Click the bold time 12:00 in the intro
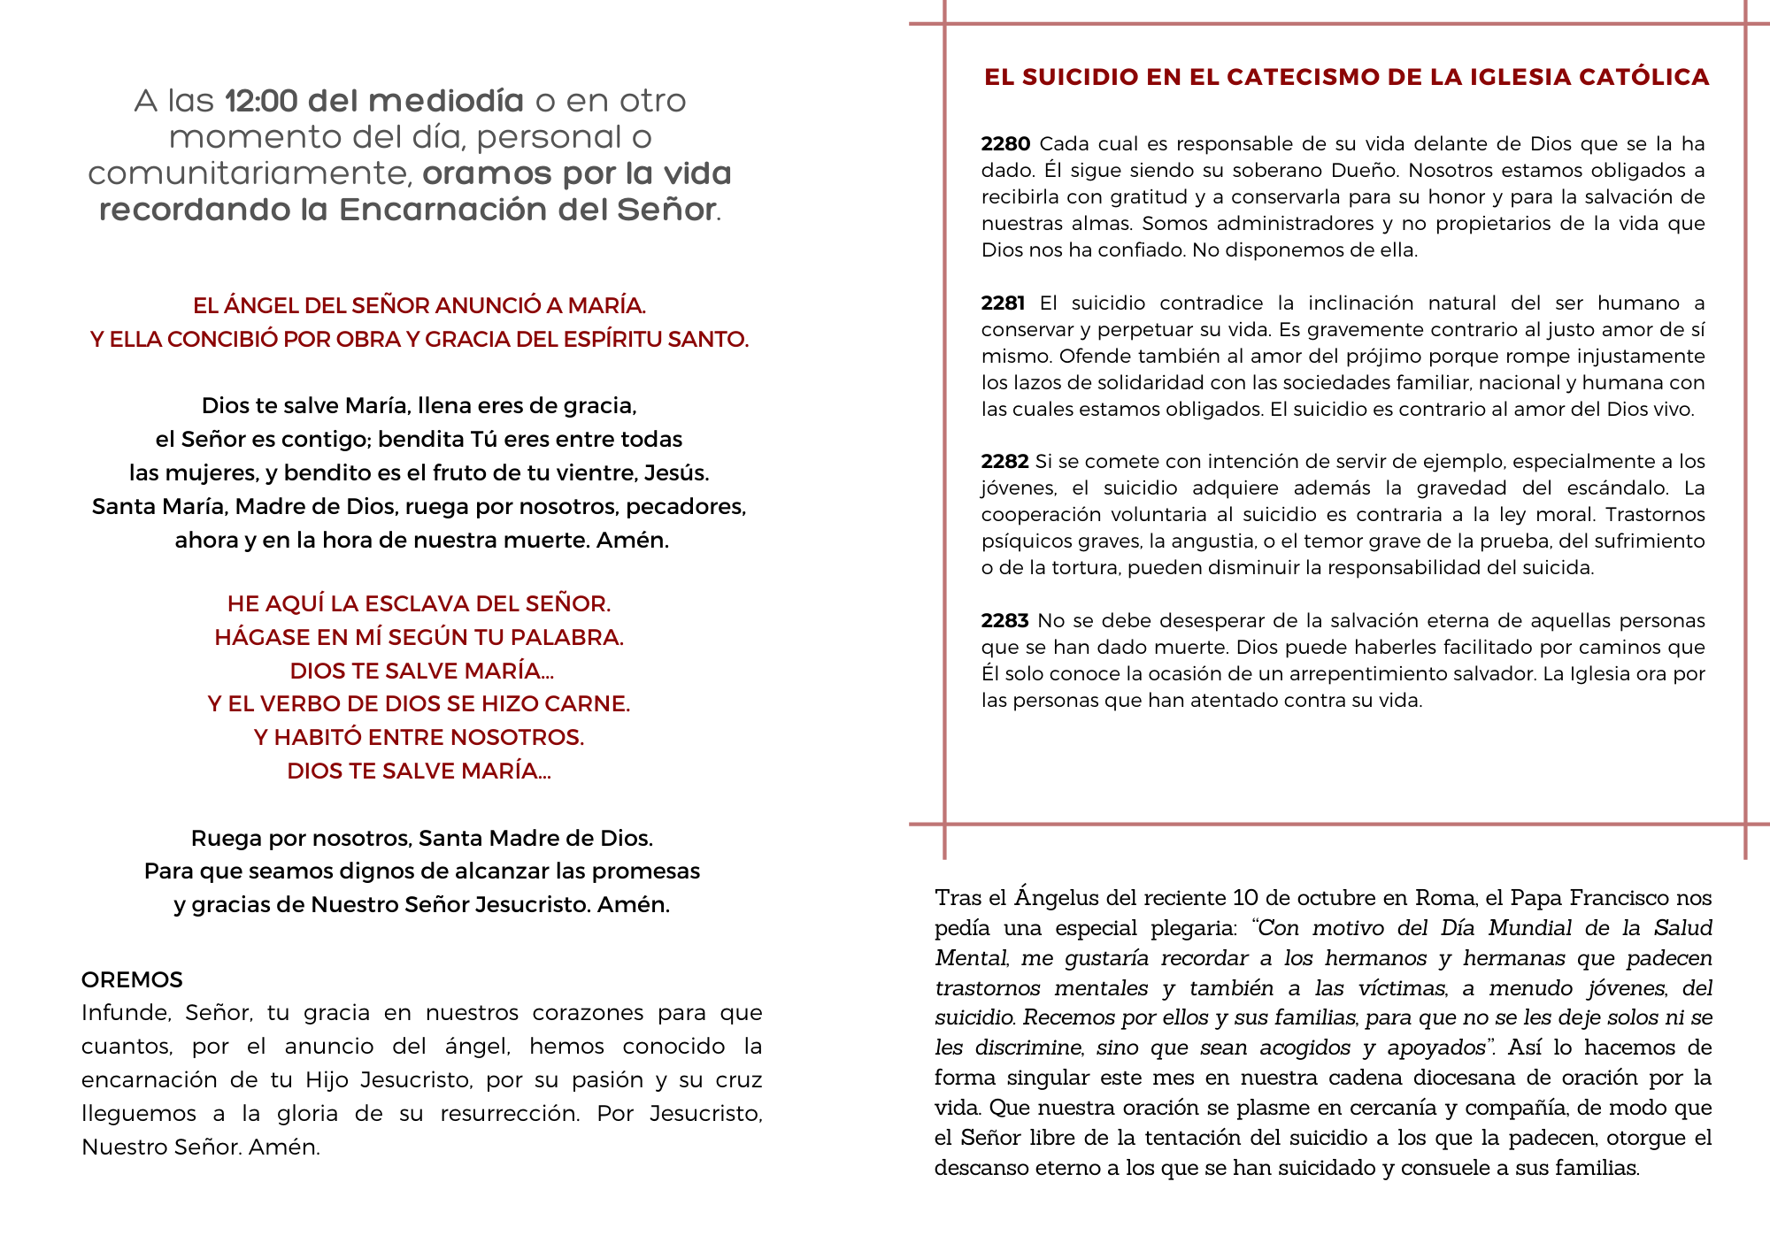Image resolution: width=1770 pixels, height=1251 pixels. coord(261,101)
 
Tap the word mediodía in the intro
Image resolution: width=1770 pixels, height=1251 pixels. coord(447,101)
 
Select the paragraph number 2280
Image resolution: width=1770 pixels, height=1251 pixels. coord(1005,144)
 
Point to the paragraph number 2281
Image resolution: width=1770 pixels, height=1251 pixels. coord(1003,303)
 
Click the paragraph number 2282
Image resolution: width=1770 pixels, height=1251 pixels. coord(1004,462)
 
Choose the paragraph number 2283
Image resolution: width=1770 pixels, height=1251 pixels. coord(1004,621)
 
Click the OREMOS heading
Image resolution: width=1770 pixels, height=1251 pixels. coord(132,979)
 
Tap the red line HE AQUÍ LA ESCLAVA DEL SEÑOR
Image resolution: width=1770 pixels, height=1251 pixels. coord(419,603)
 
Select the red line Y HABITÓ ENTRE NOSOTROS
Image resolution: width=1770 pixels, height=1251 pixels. coord(419,737)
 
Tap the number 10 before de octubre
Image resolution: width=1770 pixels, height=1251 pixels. coord(1245,898)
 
